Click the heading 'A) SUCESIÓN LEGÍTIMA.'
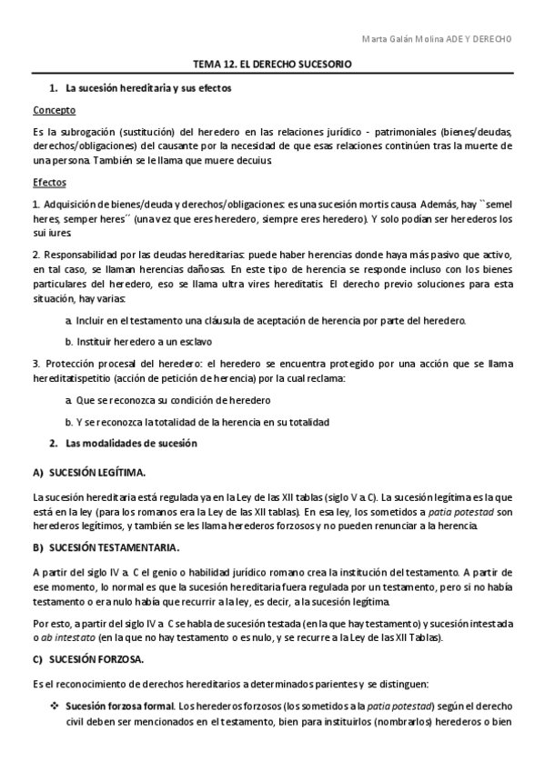pyautogui.click(x=89, y=474)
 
